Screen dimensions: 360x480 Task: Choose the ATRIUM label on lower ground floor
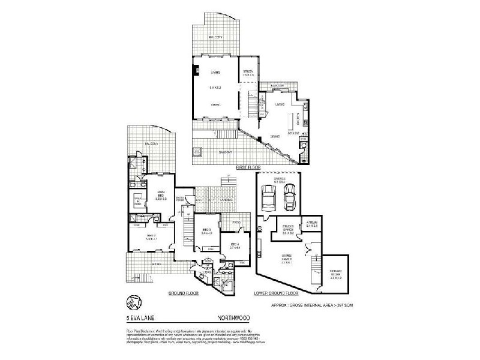click(311, 223)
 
